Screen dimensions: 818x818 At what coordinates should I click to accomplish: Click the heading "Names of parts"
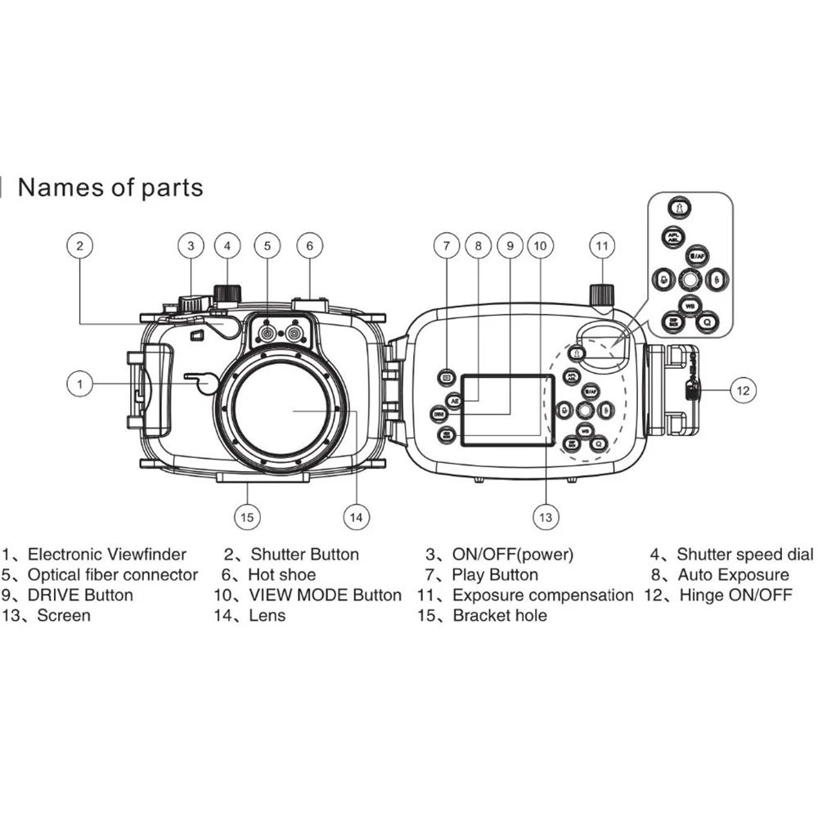point(110,187)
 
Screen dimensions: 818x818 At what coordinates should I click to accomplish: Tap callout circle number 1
point(80,383)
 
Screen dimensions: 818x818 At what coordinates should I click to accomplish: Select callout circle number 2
point(80,245)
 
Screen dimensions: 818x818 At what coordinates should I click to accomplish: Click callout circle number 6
point(309,245)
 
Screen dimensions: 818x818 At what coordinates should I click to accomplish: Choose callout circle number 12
point(741,389)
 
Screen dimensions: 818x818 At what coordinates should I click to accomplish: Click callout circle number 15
point(247,516)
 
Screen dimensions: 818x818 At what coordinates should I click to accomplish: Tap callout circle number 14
point(355,516)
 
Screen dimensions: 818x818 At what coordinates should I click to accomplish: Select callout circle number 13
point(546,516)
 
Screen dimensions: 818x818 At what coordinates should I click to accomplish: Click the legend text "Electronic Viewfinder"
point(107,555)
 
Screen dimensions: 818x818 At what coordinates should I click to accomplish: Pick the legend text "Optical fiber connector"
point(113,575)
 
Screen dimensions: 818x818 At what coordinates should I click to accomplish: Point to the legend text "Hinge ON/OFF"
point(735,595)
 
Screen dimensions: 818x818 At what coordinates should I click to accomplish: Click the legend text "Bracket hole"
point(500,615)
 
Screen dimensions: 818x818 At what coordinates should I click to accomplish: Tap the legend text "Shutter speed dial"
point(744,555)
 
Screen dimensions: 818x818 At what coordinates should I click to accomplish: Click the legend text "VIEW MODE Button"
point(325,595)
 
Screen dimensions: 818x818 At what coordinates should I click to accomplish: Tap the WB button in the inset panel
point(690,305)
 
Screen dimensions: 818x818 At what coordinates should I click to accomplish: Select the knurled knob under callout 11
point(603,292)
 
